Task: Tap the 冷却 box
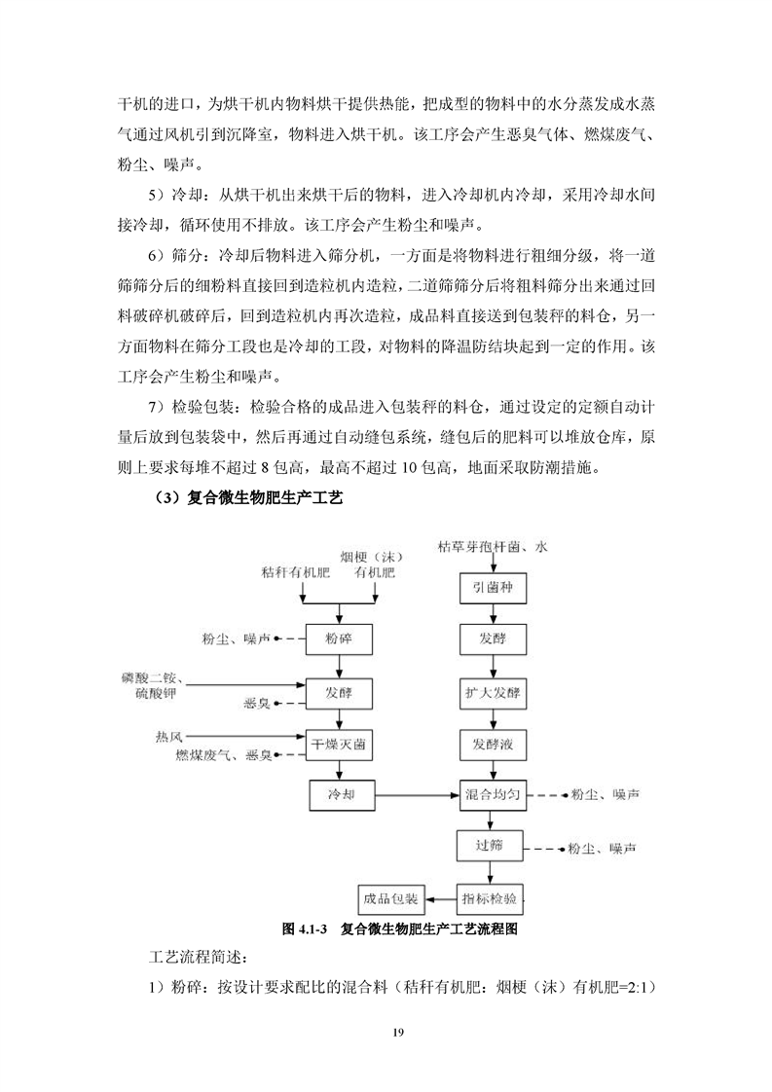tap(338, 795)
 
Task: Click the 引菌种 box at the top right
tap(493, 588)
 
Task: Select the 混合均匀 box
tap(493, 795)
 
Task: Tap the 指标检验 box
tap(493, 896)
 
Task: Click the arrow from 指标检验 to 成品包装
tap(441, 896)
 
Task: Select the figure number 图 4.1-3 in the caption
tap(302, 928)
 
